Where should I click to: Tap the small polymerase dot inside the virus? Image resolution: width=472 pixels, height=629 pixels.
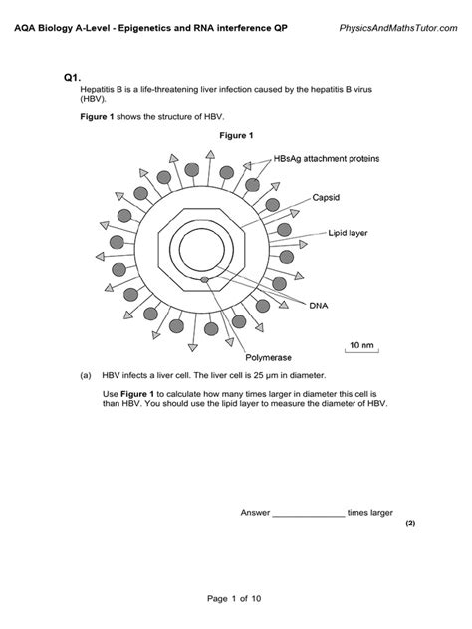pos(205,280)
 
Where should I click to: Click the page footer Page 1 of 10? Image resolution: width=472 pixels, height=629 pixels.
pos(235,599)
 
